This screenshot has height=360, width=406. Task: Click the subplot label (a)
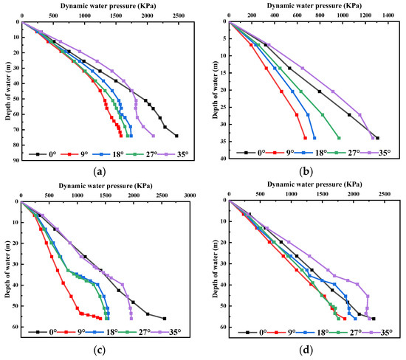point(100,172)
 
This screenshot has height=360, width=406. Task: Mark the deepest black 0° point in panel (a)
point(176,136)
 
